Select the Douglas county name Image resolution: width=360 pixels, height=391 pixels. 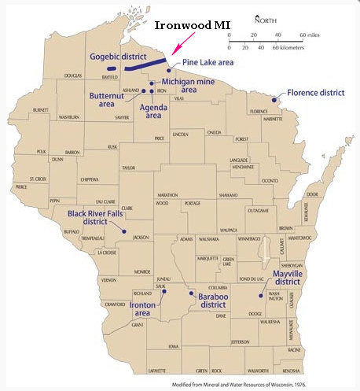pyautogui.click(x=73, y=76)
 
